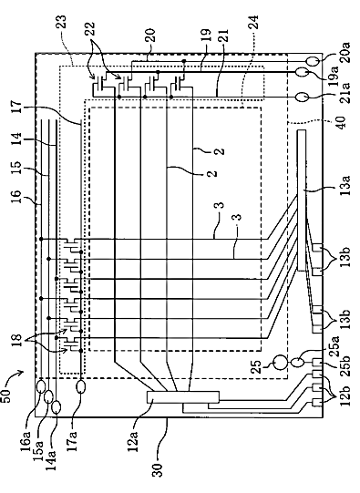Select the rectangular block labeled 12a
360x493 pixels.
point(183,397)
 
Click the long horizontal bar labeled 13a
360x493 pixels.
point(301,200)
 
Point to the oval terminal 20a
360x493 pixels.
point(314,60)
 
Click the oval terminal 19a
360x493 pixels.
point(301,73)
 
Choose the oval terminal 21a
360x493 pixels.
point(302,97)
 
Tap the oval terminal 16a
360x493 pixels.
point(41,386)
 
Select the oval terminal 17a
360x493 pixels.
point(80,386)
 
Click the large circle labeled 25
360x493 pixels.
point(280,363)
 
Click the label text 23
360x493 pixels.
point(62,22)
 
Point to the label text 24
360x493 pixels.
point(253,22)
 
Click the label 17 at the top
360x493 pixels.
point(16,107)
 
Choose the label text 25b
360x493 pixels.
point(345,366)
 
